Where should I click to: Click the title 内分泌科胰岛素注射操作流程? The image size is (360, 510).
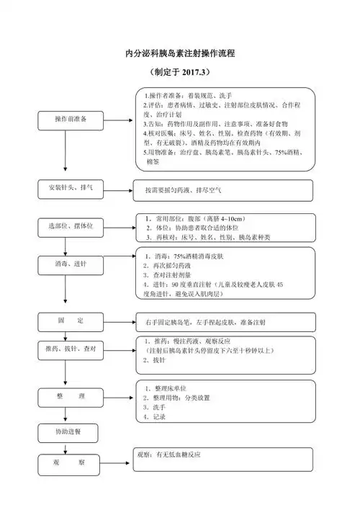pyautogui.click(x=180, y=53)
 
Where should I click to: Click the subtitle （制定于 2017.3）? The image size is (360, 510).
pyautogui.click(x=179, y=73)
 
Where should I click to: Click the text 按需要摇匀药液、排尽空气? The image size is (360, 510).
pyautogui.click(x=183, y=191)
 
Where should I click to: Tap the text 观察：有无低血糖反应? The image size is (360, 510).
pyautogui.click(x=168, y=455)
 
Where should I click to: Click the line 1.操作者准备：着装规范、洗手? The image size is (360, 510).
pyautogui.click(x=190, y=95)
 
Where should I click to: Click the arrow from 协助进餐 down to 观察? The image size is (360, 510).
pyautogui.click(x=66, y=447)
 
